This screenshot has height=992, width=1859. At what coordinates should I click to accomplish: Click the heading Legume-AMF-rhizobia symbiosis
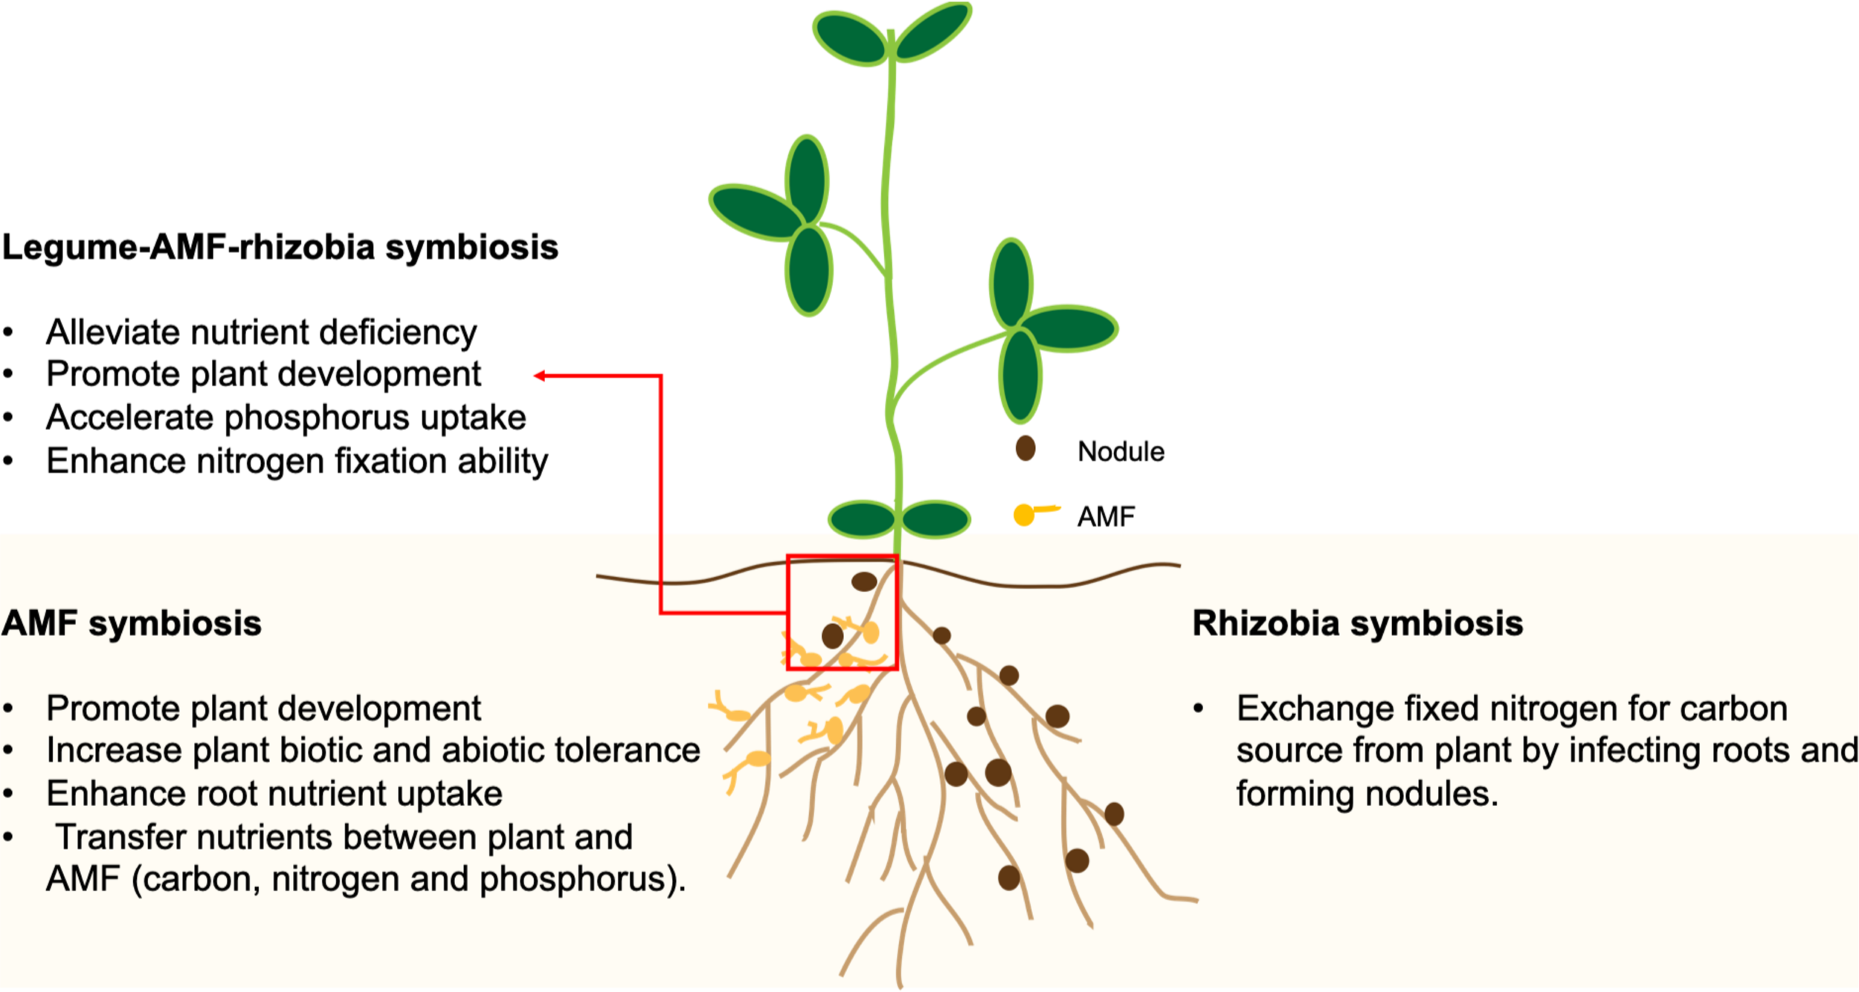280,247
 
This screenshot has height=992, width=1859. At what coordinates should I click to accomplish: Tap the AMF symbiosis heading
132,623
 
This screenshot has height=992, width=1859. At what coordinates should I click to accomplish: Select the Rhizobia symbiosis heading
1357,623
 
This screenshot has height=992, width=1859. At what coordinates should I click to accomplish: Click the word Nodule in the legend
1121,451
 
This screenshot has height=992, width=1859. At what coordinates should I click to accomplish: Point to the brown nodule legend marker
1025,448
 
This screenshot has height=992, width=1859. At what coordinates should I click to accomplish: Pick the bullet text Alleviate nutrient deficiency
261,332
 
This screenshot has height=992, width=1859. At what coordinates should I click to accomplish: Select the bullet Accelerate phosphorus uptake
286,417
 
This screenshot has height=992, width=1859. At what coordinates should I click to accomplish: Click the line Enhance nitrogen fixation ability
297,461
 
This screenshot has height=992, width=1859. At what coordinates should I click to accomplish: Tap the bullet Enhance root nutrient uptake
274,794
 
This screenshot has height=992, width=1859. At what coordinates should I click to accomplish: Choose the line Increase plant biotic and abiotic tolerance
373,750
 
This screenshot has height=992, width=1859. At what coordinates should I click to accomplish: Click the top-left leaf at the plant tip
849,37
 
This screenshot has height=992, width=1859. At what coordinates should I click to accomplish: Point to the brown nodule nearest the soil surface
863,582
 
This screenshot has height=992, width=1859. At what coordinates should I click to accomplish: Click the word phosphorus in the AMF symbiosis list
576,880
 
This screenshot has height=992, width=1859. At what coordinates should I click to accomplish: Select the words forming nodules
1367,794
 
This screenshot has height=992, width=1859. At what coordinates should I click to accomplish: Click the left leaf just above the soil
861,518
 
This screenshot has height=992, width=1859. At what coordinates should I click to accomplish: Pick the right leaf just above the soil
935,518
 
